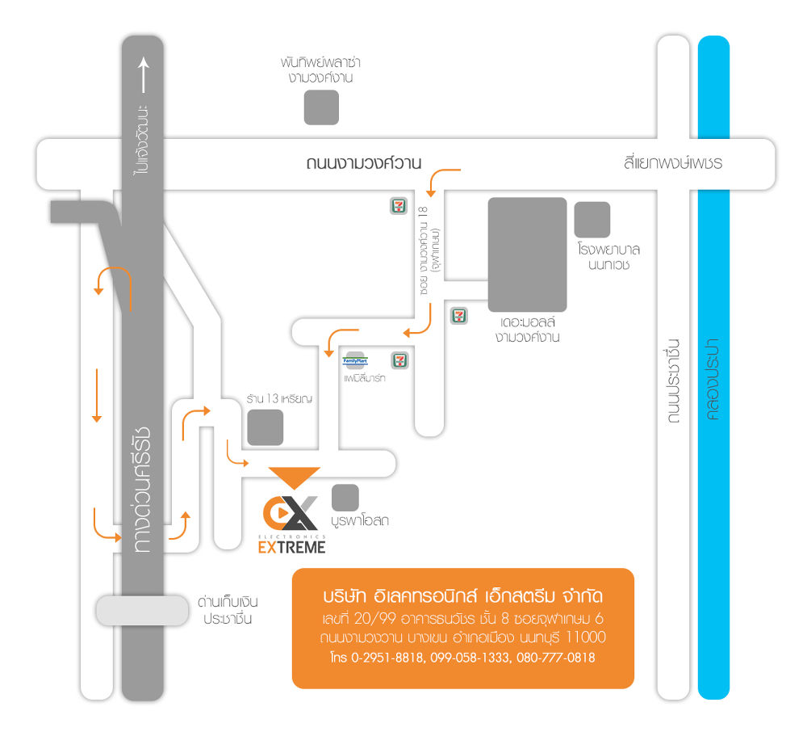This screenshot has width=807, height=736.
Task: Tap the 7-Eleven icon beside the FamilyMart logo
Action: pyautogui.click(x=399, y=360)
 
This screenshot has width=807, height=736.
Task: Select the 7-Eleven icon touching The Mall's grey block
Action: pyautogui.click(x=459, y=314)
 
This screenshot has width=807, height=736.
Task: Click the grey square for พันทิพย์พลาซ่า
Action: pyautogui.click(x=321, y=107)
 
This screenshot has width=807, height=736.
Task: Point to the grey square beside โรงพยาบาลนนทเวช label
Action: pyautogui.click(x=592, y=220)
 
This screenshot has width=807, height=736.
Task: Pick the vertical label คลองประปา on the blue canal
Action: pyautogui.click(x=713, y=380)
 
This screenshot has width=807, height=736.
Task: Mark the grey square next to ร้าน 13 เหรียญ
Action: pyautogui.click(x=266, y=427)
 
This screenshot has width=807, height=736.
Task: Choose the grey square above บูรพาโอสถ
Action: pyautogui.click(x=345, y=498)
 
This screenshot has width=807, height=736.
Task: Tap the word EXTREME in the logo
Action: pyautogui.click(x=291, y=548)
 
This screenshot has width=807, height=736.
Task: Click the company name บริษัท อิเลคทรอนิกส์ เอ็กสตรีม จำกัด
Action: pyautogui.click(x=462, y=598)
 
